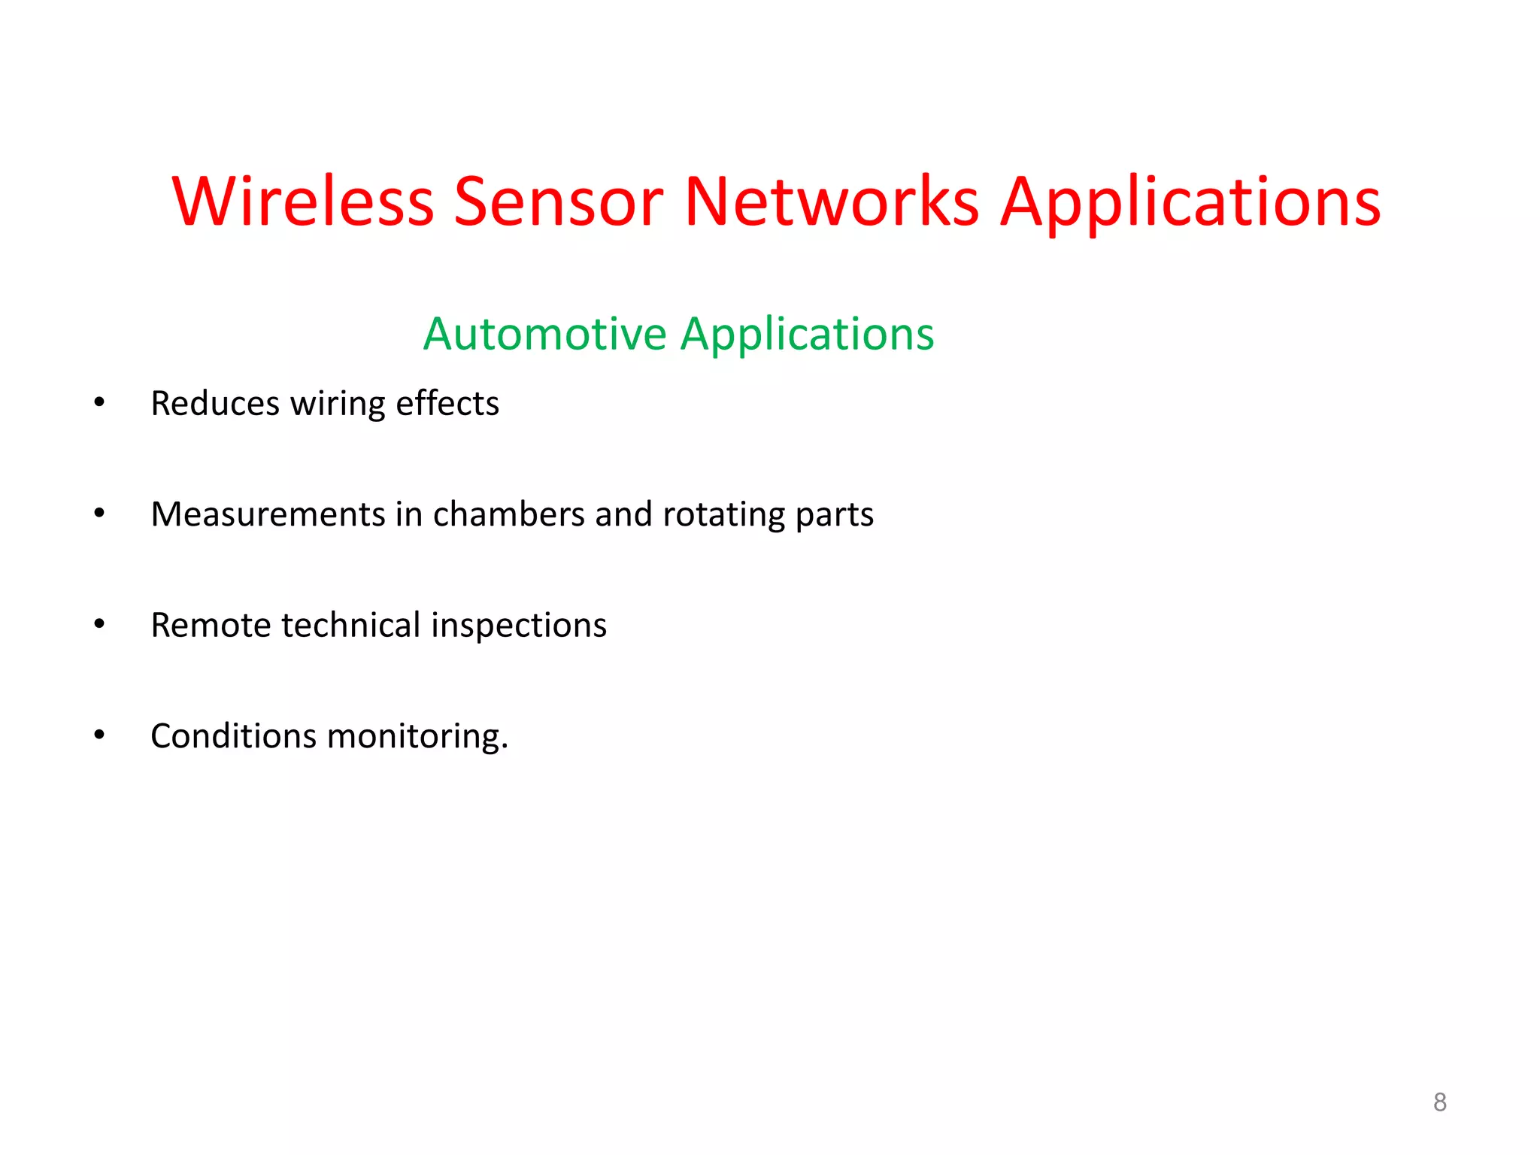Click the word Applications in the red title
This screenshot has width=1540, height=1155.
tap(1190, 203)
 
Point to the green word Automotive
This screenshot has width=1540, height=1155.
tap(544, 334)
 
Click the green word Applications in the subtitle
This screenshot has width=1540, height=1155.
tap(807, 335)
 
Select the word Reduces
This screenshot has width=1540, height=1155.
tap(215, 404)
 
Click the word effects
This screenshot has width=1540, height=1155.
tap(447, 404)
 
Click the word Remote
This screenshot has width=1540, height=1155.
tap(211, 626)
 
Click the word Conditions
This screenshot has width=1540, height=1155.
tap(233, 736)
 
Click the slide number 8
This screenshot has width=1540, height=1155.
tap(1439, 1102)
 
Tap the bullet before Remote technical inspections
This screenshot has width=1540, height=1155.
tap(99, 624)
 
